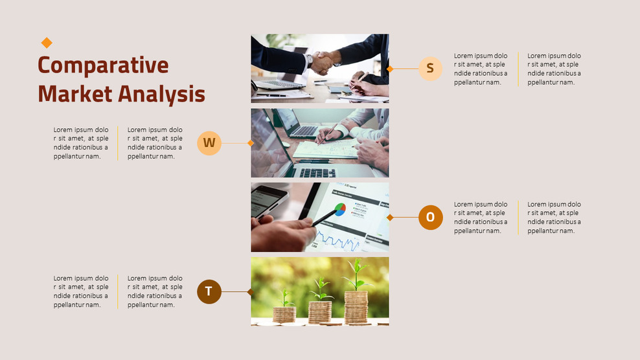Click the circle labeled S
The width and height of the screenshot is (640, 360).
pos(430,68)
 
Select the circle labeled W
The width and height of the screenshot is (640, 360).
pos(209,142)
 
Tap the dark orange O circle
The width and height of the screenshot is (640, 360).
pos(430,218)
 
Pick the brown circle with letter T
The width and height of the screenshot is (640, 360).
pos(209,292)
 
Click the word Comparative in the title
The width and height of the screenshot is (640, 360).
pos(103,65)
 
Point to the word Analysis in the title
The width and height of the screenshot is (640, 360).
pos(162,94)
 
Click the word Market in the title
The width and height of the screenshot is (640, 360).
pos(76,94)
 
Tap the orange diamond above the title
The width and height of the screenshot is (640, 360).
pos(47,43)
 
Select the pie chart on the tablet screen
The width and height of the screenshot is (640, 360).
pos(339,209)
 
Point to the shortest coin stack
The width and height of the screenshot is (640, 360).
pos(284,314)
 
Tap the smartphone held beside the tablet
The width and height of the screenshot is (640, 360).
pos(268,200)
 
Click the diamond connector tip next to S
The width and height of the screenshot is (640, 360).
pos(390,69)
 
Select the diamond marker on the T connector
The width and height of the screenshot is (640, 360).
pos(251,292)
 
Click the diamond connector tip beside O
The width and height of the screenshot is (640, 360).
pos(390,218)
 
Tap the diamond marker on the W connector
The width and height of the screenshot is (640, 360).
pos(251,143)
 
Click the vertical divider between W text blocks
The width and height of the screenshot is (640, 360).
pos(118,142)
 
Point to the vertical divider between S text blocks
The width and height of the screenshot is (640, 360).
pos(518,69)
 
